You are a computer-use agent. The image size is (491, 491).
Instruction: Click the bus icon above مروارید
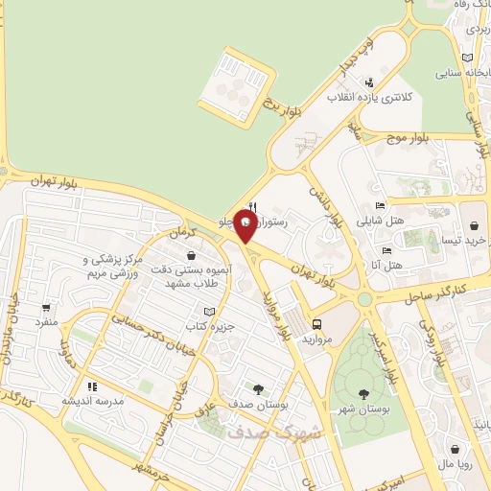(317, 324)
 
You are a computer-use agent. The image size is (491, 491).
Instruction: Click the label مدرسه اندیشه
(93, 401)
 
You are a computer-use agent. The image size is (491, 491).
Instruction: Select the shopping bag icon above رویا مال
(455, 448)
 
